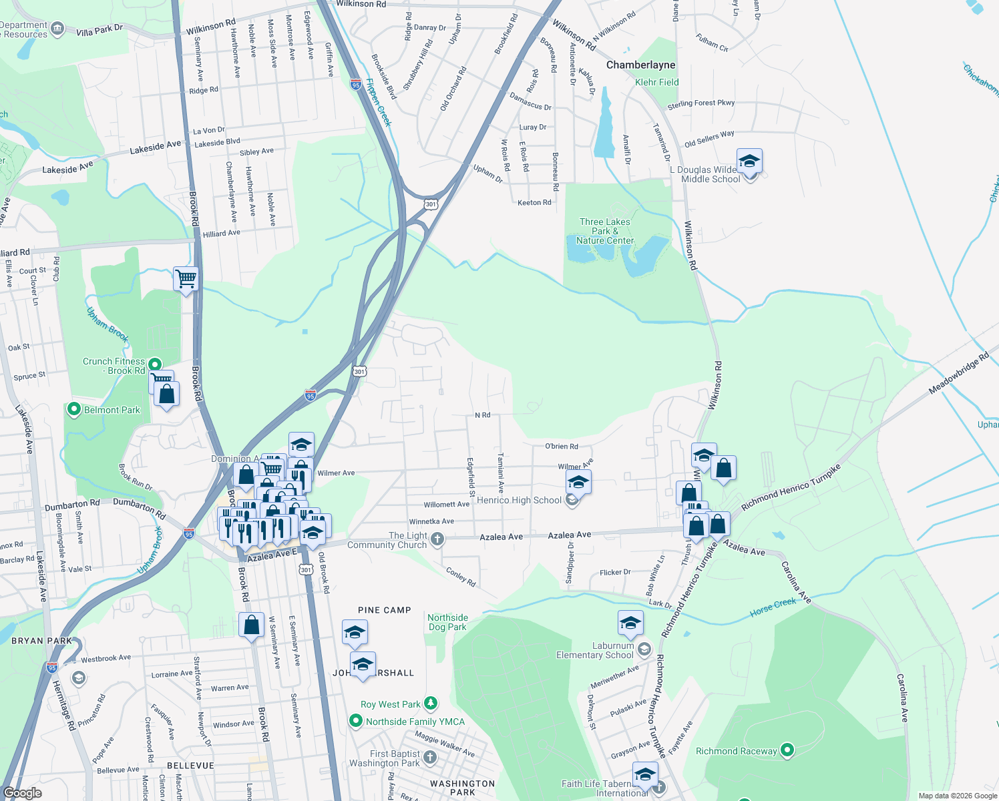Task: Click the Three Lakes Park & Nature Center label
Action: pos(605,231)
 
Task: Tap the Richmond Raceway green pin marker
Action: pos(787,750)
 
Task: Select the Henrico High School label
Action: pos(519,500)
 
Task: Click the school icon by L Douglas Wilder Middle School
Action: pos(749,162)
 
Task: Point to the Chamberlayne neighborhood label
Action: pos(640,65)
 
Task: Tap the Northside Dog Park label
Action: pos(447,622)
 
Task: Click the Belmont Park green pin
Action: pos(74,409)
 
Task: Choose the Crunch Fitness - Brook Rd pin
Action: pos(155,364)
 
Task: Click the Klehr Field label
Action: pos(656,82)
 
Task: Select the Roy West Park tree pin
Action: pos(431,704)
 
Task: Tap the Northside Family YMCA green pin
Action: pos(356,721)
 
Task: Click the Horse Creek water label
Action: pos(773,606)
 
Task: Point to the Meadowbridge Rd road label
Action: pos(958,374)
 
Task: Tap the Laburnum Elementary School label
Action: pos(594,650)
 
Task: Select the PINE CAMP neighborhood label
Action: pos(385,610)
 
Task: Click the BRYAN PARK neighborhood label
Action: pos(41,641)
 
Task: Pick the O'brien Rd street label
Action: pos(561,446)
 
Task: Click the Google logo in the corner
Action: pos(22,793)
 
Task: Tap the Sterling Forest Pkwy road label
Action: pos(701,104)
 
